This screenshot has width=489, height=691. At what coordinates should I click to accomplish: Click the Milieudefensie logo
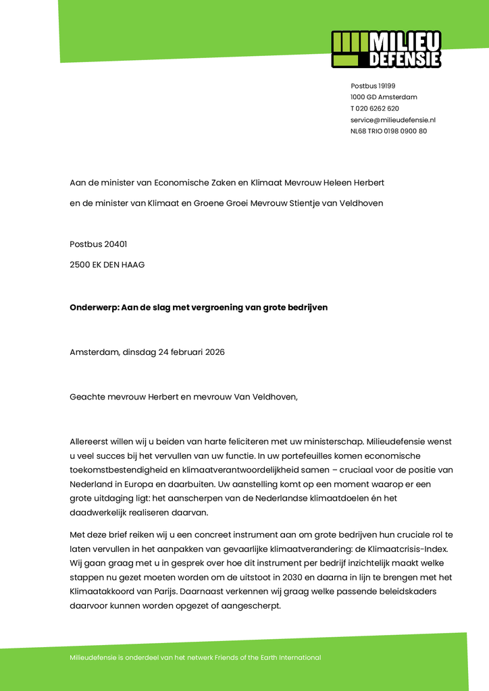coord(386,49)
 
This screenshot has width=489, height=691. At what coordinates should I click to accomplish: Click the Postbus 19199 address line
coord(373,86)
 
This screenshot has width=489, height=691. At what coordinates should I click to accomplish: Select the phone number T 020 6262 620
coord(374,108)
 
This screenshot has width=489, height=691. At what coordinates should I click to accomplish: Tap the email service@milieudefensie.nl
coord(392,119)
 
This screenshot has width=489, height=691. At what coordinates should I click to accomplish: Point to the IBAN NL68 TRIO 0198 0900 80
coord(388,131)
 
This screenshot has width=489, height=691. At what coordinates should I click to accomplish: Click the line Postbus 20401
coord(98,244)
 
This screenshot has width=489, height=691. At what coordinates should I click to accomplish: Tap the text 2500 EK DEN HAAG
coord(107,265)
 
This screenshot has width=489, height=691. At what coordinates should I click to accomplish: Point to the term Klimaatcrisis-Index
coord(411,549)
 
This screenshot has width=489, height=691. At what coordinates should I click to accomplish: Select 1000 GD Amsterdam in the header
coord(384,97)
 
